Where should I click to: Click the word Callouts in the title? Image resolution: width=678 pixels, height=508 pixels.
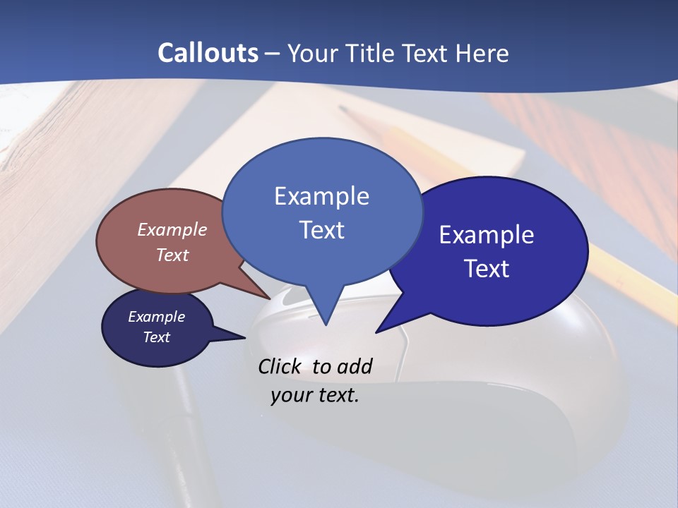click(208, 53)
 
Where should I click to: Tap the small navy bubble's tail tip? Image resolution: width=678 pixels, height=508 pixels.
click(244, 338)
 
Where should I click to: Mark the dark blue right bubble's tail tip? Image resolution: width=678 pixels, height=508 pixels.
click(377, 331)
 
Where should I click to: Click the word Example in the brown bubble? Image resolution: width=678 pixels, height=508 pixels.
click(172, 229)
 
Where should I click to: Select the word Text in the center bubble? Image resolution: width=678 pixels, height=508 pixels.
click(322, 230)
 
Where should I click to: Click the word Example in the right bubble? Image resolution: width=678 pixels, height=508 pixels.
click(487, 235)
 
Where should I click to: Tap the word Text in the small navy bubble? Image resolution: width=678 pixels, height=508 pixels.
click(157, 337)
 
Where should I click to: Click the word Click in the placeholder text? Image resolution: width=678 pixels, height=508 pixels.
click(282, 366)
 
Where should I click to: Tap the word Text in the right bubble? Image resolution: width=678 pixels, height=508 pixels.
click(487, 269)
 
